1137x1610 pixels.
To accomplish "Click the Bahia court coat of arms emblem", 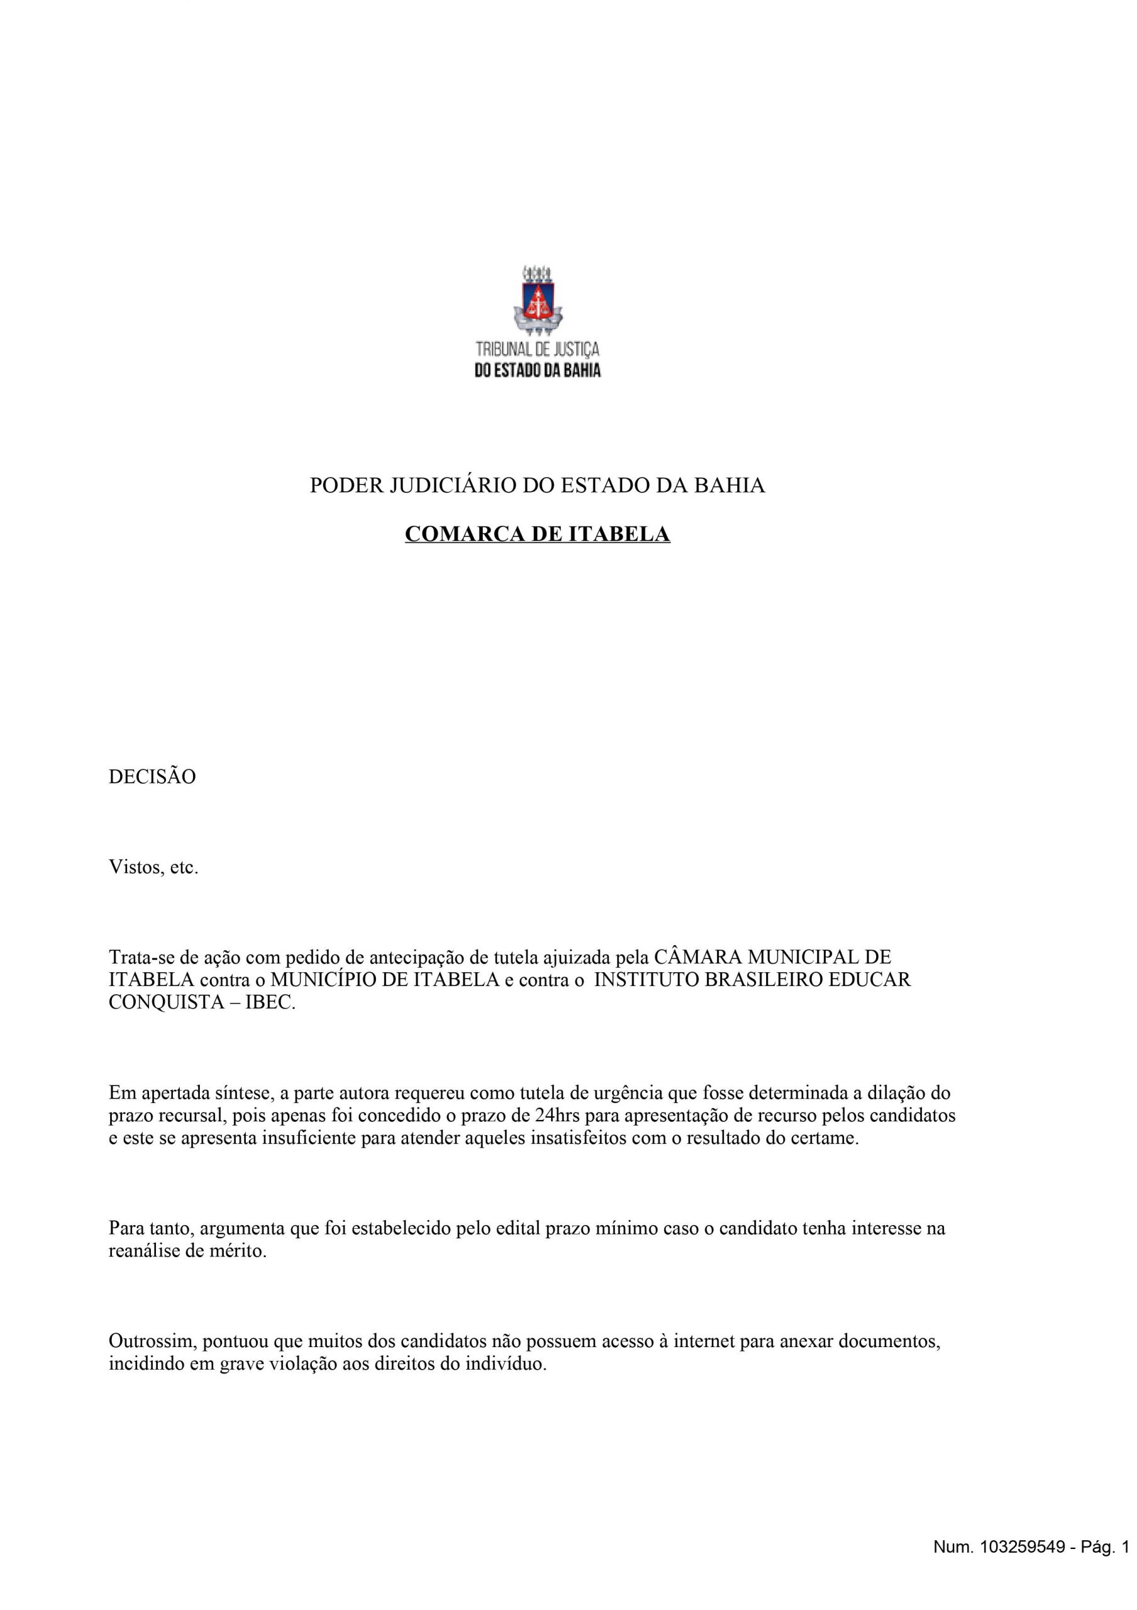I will tap(537, 299).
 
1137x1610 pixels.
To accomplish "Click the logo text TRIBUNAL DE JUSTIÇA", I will tap(537, 349).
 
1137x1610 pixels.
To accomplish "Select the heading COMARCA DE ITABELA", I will tap(537, 535).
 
